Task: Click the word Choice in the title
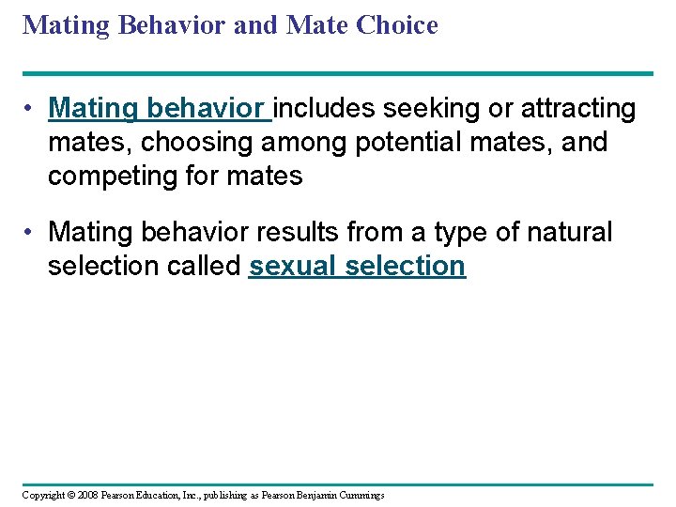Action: coord(396,25)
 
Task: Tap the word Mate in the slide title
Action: coord(315,25)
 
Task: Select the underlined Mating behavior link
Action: coord(158,110)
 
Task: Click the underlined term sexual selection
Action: coord(357,267)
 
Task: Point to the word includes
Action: coord(335,110)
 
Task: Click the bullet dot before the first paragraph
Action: coord(31,110)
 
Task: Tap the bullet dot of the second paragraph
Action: coord(31,232)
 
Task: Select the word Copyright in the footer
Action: coord(39,495)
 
